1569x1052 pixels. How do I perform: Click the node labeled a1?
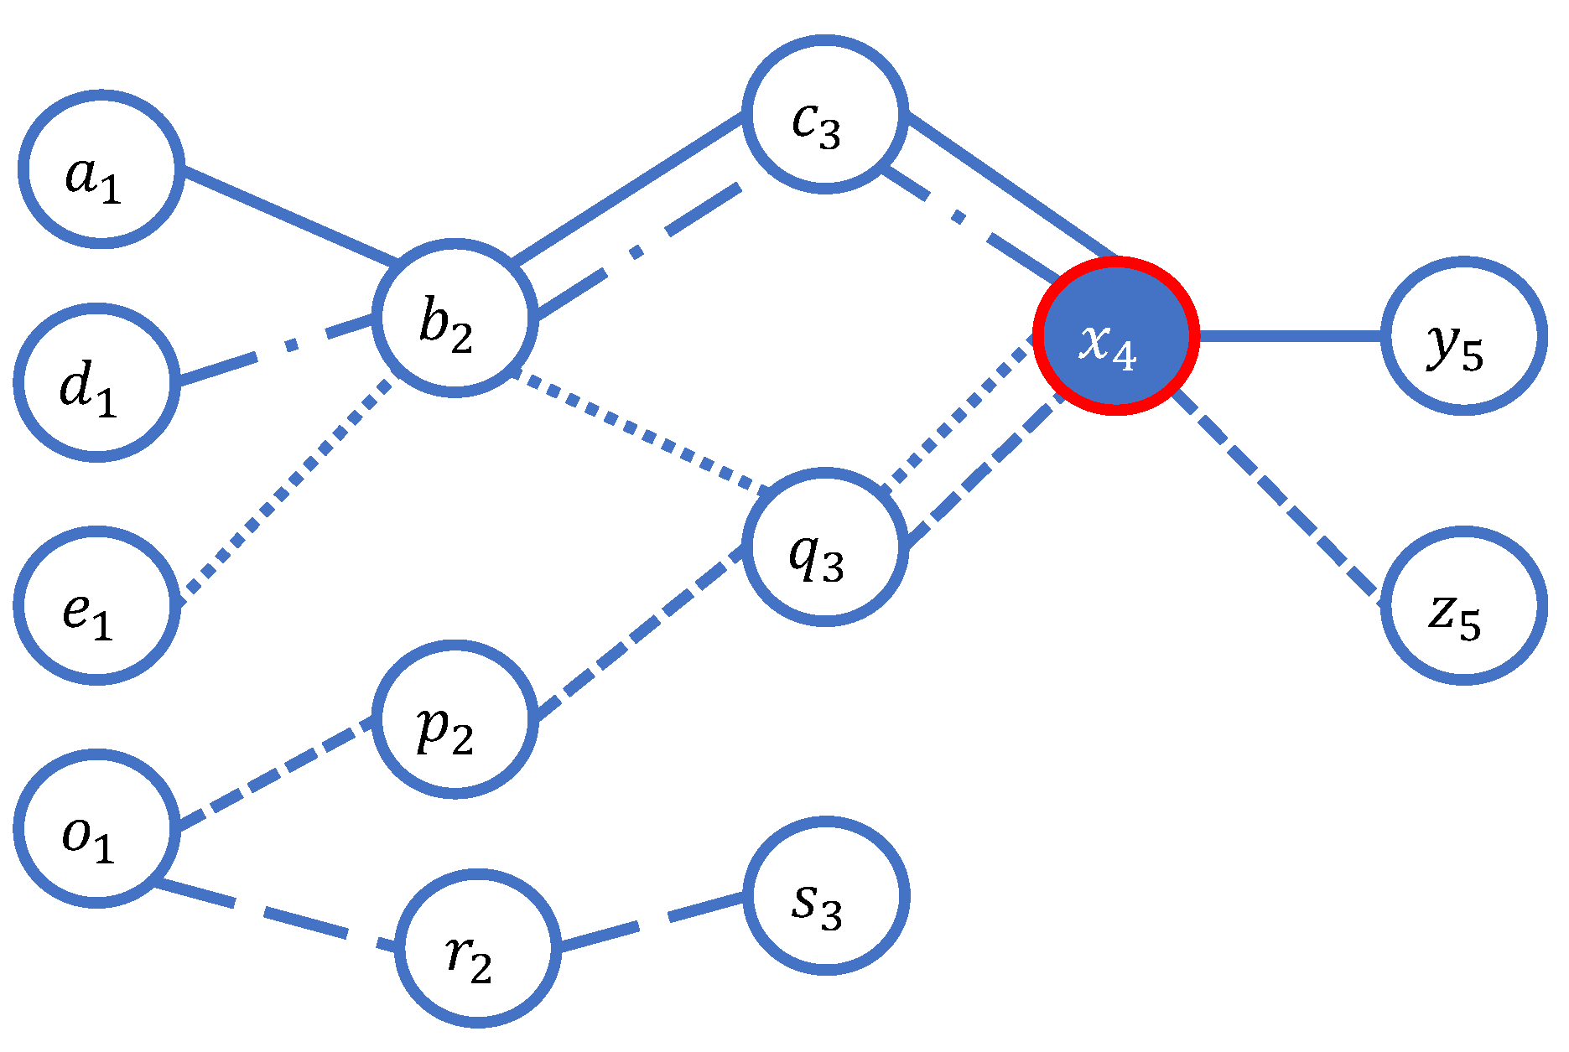[101, 168]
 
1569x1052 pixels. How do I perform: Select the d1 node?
[96, 382]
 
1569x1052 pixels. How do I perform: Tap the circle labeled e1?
[96, 605]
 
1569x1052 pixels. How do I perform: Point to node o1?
[96, 828]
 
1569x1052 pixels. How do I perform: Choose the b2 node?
[454, 318]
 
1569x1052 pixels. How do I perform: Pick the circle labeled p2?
[454, 719]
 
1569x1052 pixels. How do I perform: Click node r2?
[477, 948]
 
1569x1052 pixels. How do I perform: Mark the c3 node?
[825, 115]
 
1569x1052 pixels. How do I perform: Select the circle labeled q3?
[825, 547]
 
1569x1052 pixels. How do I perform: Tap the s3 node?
[825, 895]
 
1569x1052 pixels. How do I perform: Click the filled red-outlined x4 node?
[1116, 335]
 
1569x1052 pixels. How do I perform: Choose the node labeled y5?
[1463, 335]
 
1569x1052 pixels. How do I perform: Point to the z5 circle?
[1463, 605]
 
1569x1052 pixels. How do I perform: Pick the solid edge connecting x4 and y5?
[1290, 335]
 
